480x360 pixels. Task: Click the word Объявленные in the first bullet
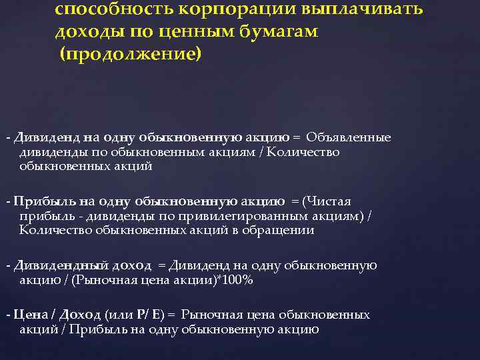[349, 137]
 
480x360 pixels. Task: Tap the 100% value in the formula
[239, 280]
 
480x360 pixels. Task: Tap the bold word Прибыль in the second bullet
[38, 201]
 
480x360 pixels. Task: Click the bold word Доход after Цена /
[82, 315]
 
